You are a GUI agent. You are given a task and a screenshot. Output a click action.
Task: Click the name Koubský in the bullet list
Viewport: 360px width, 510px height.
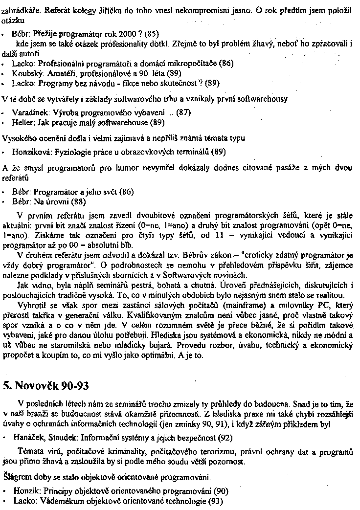pyautogui.click(x=26, y=73)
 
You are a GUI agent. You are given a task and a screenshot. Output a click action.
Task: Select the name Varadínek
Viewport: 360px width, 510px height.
pyautogui.click(x=28, y=111)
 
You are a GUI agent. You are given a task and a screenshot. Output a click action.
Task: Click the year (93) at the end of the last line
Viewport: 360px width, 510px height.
pyautogui.click(x=216, y=501)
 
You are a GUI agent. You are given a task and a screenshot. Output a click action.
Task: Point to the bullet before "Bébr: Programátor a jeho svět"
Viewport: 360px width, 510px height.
pyautogui.click(x=4, y=192)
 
